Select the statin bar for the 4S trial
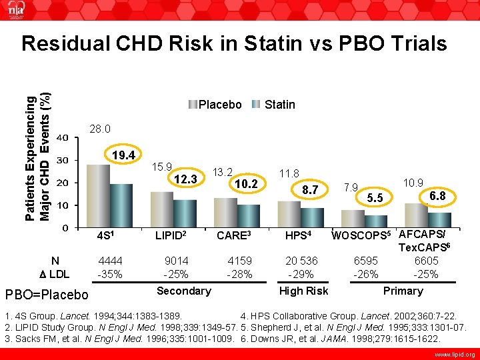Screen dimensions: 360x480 121,205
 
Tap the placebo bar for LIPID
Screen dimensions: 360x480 161,209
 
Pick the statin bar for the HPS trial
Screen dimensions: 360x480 312,217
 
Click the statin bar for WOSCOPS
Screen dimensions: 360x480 375,221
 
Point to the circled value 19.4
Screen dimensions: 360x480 123,156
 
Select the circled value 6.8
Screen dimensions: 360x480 437,195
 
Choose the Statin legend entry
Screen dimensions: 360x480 273,105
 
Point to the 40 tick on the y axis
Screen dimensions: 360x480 61,137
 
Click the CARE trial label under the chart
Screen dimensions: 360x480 233,236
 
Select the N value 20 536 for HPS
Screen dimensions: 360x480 302,261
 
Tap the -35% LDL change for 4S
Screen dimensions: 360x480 110,274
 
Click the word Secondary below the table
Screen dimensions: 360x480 183,291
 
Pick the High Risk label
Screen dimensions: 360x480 303,291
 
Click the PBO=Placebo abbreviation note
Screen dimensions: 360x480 47,294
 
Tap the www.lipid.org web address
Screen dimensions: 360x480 453,354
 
